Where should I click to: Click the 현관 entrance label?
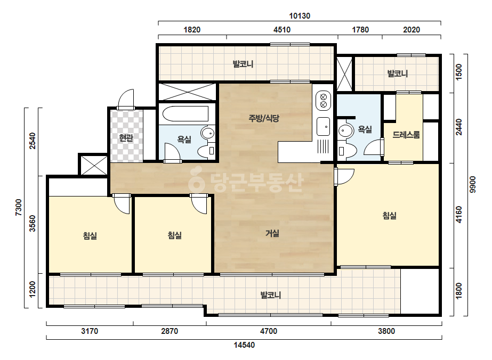(126, 138)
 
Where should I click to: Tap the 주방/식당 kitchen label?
(263, 118)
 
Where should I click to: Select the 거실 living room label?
(272, 233)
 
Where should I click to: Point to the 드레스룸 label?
(406, 135)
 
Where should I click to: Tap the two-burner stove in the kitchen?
(324, 100)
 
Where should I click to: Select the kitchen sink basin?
(323, 127)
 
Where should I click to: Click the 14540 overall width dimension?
(244, 345)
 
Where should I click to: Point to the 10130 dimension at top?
(300, 16)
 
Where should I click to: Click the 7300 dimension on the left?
(19, 207)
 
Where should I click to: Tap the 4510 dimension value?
(282, 30)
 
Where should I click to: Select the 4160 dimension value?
(459, 215)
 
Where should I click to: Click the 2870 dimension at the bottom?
(170, 331)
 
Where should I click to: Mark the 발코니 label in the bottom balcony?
(270, 295)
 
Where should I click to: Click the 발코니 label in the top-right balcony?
(398, 73)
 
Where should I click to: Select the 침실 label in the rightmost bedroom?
(390, 216)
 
